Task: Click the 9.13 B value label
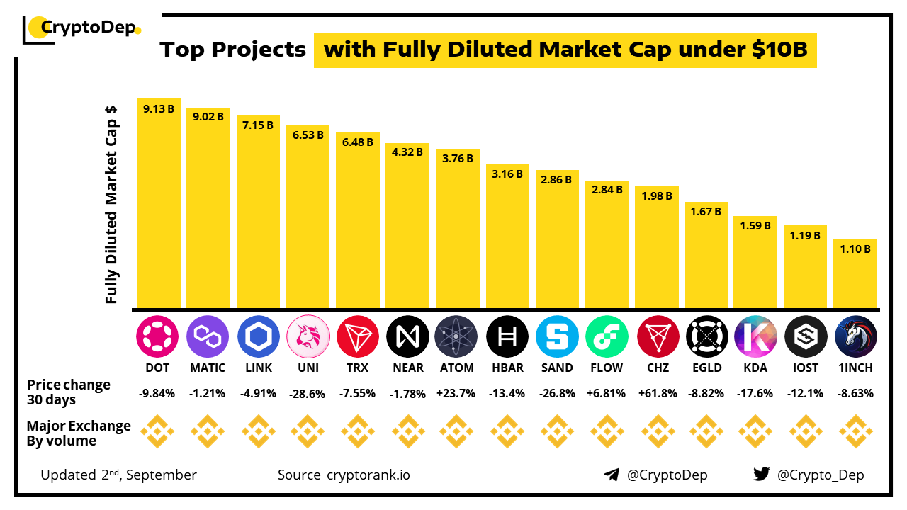pyautogui.click(x=158, y=109)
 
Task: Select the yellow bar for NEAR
pyautogui.click(x=407, y=227)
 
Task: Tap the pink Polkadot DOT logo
pyautogui.click(x=158, y=336)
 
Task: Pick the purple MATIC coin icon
pyautogui.click(x=208, y=336)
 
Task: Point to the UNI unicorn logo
pyautogui.click(x=308, y=336)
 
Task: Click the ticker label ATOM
pyautogui.click(x=458, y=368)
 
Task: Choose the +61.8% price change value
pyautogui.click(x=657, y=393)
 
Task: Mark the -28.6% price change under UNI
pyautogui.click(x=308, y=393)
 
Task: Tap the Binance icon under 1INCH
pyautogui.click(x=856, y=432)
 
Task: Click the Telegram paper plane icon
pyautogui.click(x=612, y=475)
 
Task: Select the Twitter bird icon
pyautogui.click(x=761, y=475)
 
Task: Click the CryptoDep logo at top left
pyautogui.click(x=82, y=28)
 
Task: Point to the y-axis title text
pyautogui.click(x=111, y=205)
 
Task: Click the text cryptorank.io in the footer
pyautogui.click(x=368, y=475)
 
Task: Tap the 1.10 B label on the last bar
pyautogui.click(x=856, y=249)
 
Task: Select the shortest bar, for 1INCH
pyautogui.click(x=856, y=276)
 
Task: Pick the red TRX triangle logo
pyautogui.click(x=358, y=336)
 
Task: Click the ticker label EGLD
pyautogui.click(x=706, y=368)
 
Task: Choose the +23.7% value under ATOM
pyautogui.click(x=458, y=393)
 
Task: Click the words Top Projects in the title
pyautogui.click(x=232, y=50)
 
